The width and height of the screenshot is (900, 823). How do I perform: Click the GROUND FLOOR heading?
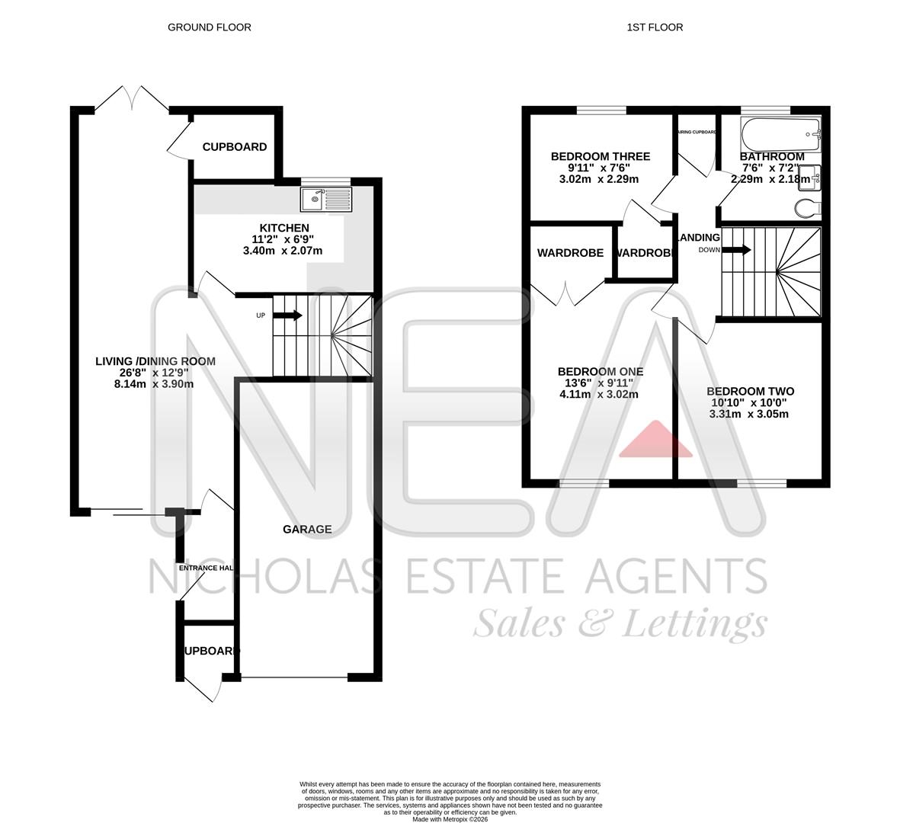(209, 27)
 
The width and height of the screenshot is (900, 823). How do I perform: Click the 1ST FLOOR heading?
(655, 27)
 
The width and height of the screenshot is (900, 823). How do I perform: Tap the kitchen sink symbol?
(326, 200)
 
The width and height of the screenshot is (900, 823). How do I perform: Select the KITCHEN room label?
(284, 228)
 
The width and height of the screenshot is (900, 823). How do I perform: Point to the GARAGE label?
(307, 529)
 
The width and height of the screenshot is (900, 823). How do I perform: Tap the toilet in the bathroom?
(806, 207)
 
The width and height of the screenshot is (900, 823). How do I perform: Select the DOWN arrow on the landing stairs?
(737, 250)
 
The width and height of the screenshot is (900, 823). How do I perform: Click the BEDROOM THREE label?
(601, 157)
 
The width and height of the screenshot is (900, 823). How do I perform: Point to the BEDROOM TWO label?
(750, 392)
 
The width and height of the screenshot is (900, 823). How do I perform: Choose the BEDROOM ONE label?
(601, 372)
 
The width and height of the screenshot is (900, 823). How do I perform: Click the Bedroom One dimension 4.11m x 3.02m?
(599, 395)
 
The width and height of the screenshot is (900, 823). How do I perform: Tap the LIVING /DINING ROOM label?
(155, 361)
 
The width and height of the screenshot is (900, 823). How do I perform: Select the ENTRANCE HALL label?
(206, 568)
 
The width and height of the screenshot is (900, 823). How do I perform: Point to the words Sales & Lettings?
(620, 624)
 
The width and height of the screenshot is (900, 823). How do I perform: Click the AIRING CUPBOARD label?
(697, 132)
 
